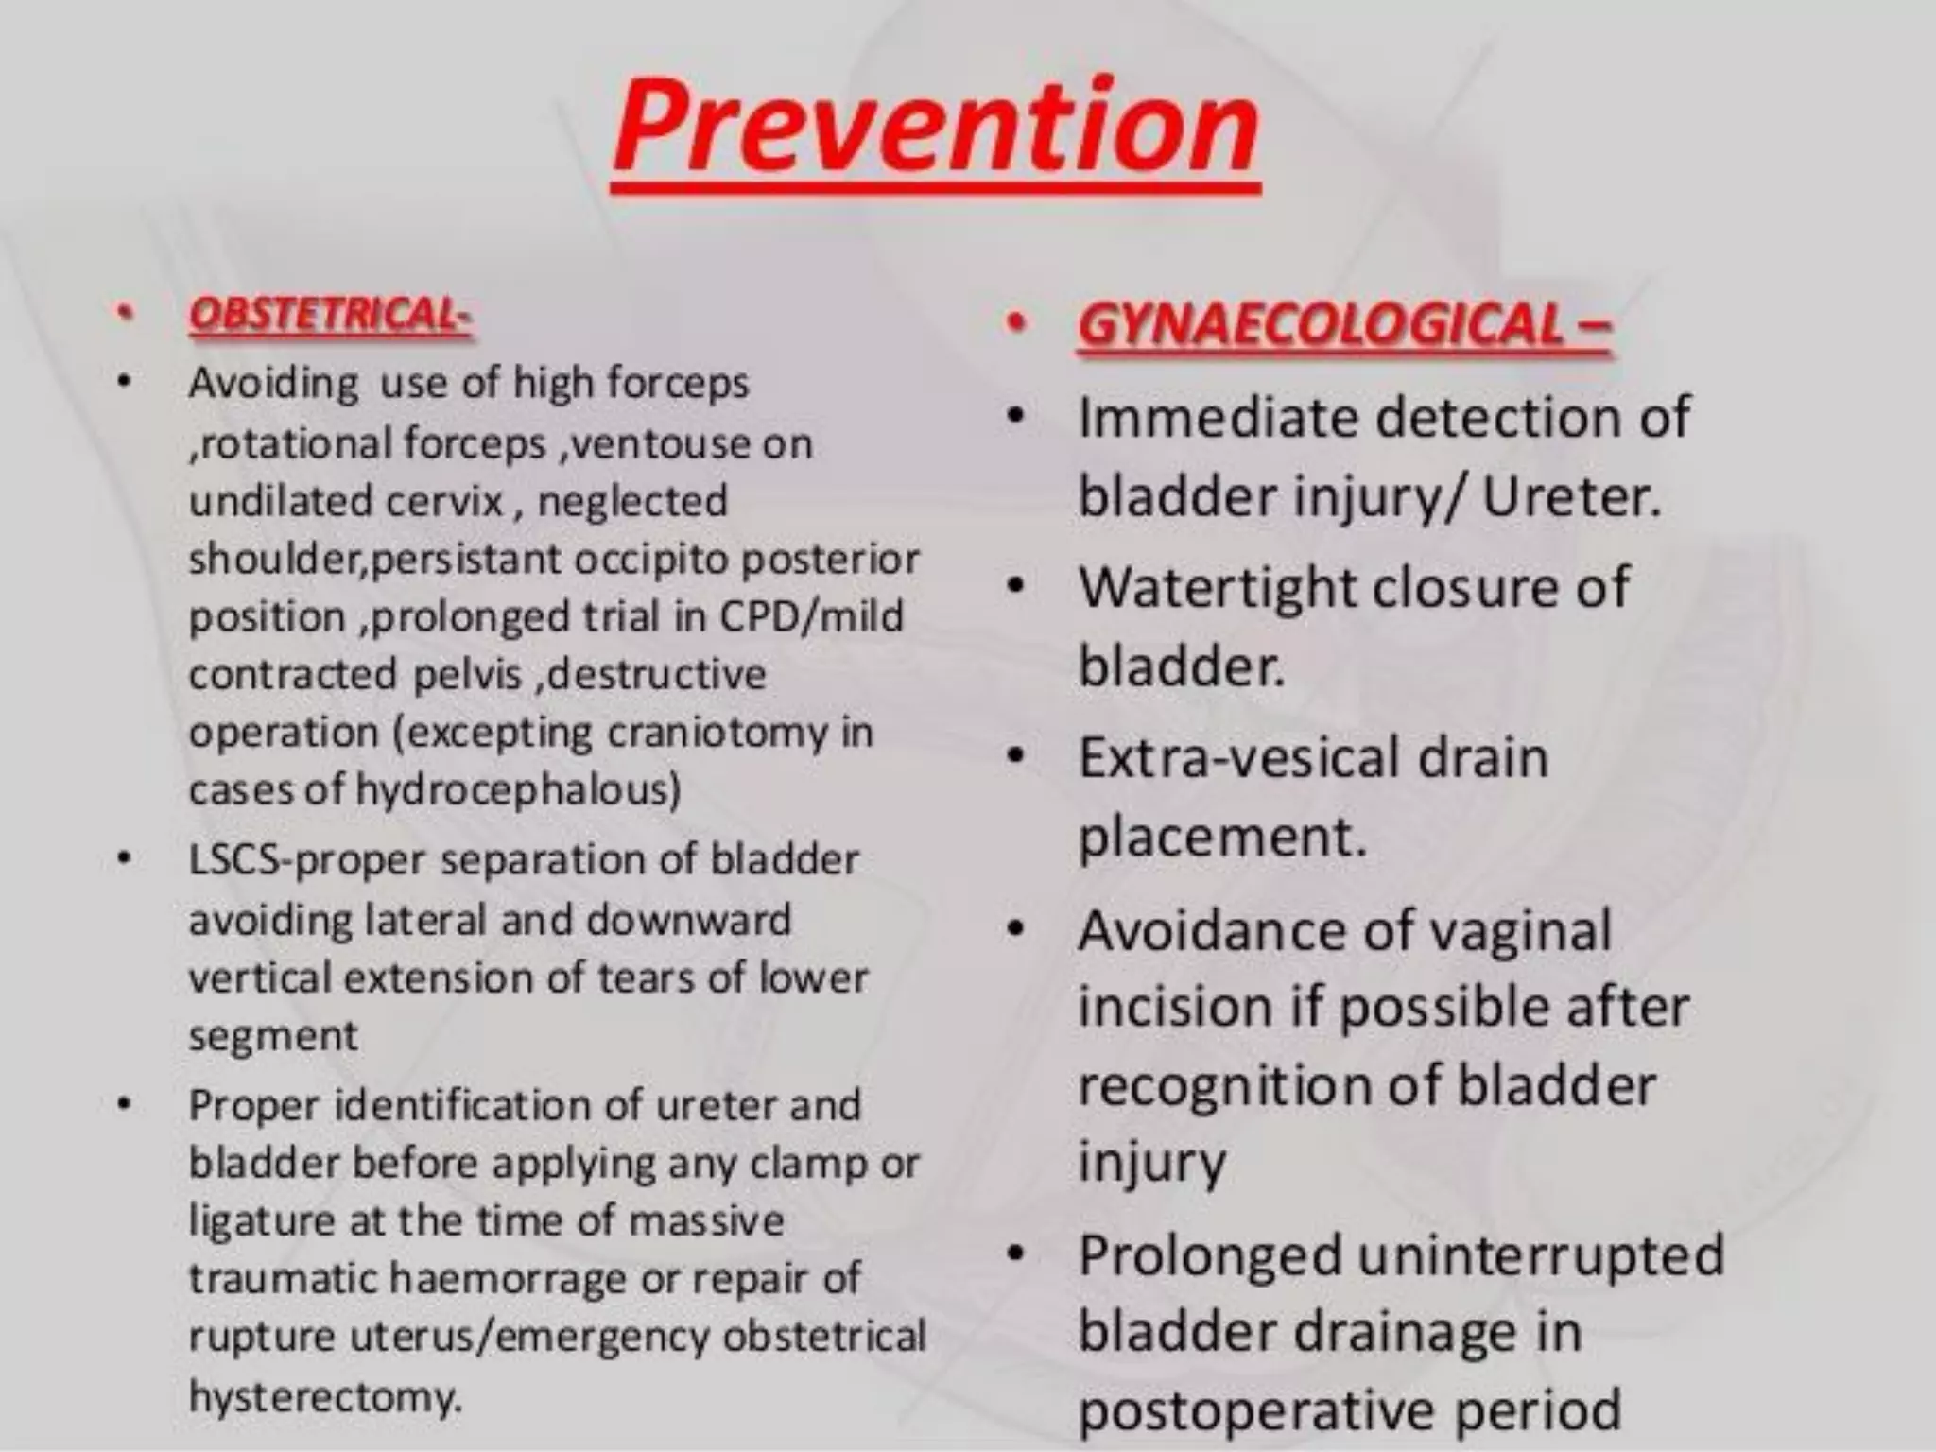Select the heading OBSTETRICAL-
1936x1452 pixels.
coord(330,315)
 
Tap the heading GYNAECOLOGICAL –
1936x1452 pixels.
coord(1342,326)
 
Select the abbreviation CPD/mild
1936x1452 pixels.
coord(811,616)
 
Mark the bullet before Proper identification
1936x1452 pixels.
coord(123,1104)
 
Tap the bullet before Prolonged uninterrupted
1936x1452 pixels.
coord(1015,1254)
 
